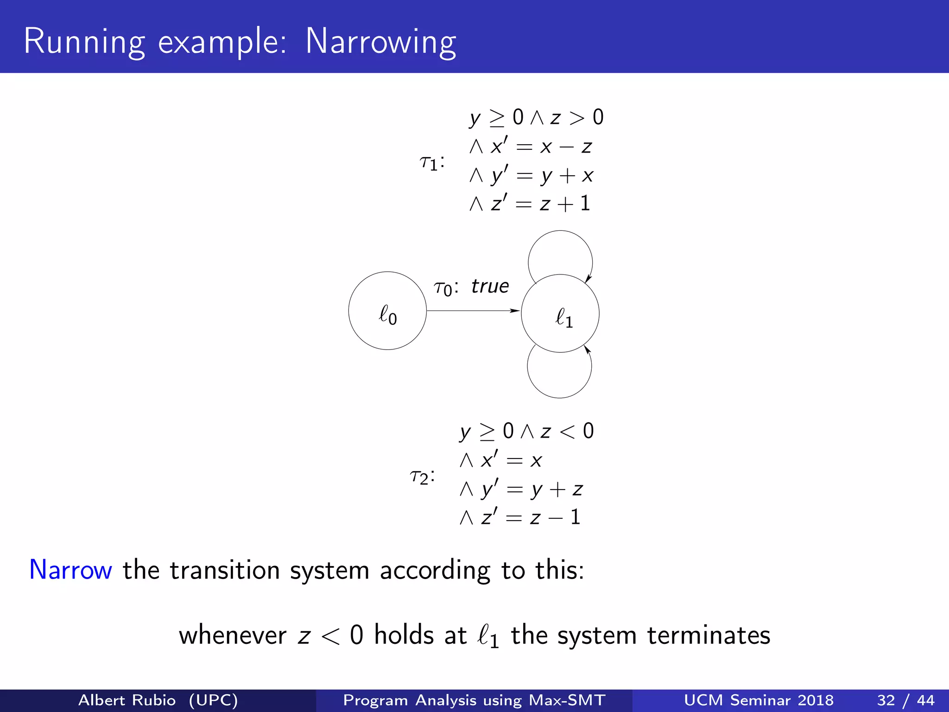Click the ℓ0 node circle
pyautogui.click(x=387, y=311)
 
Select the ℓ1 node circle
pyautogui.click(x=560, y=313)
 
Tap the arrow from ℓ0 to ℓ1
pyautogui.click(x=473, y=311)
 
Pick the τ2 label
pyautogui.click(x=422, y=476)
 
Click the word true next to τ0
pyautogui.click(x=490, y=286)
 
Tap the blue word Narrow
pyautogui.click(x=70, y=570)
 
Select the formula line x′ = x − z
pyautogui.click(x=531, y=147)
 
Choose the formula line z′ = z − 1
pyautogui.click(x=520, y=517)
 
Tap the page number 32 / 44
pyautogui.click(x=905, y=700)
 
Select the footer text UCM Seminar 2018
pyautogui.click(x=759, y=700)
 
